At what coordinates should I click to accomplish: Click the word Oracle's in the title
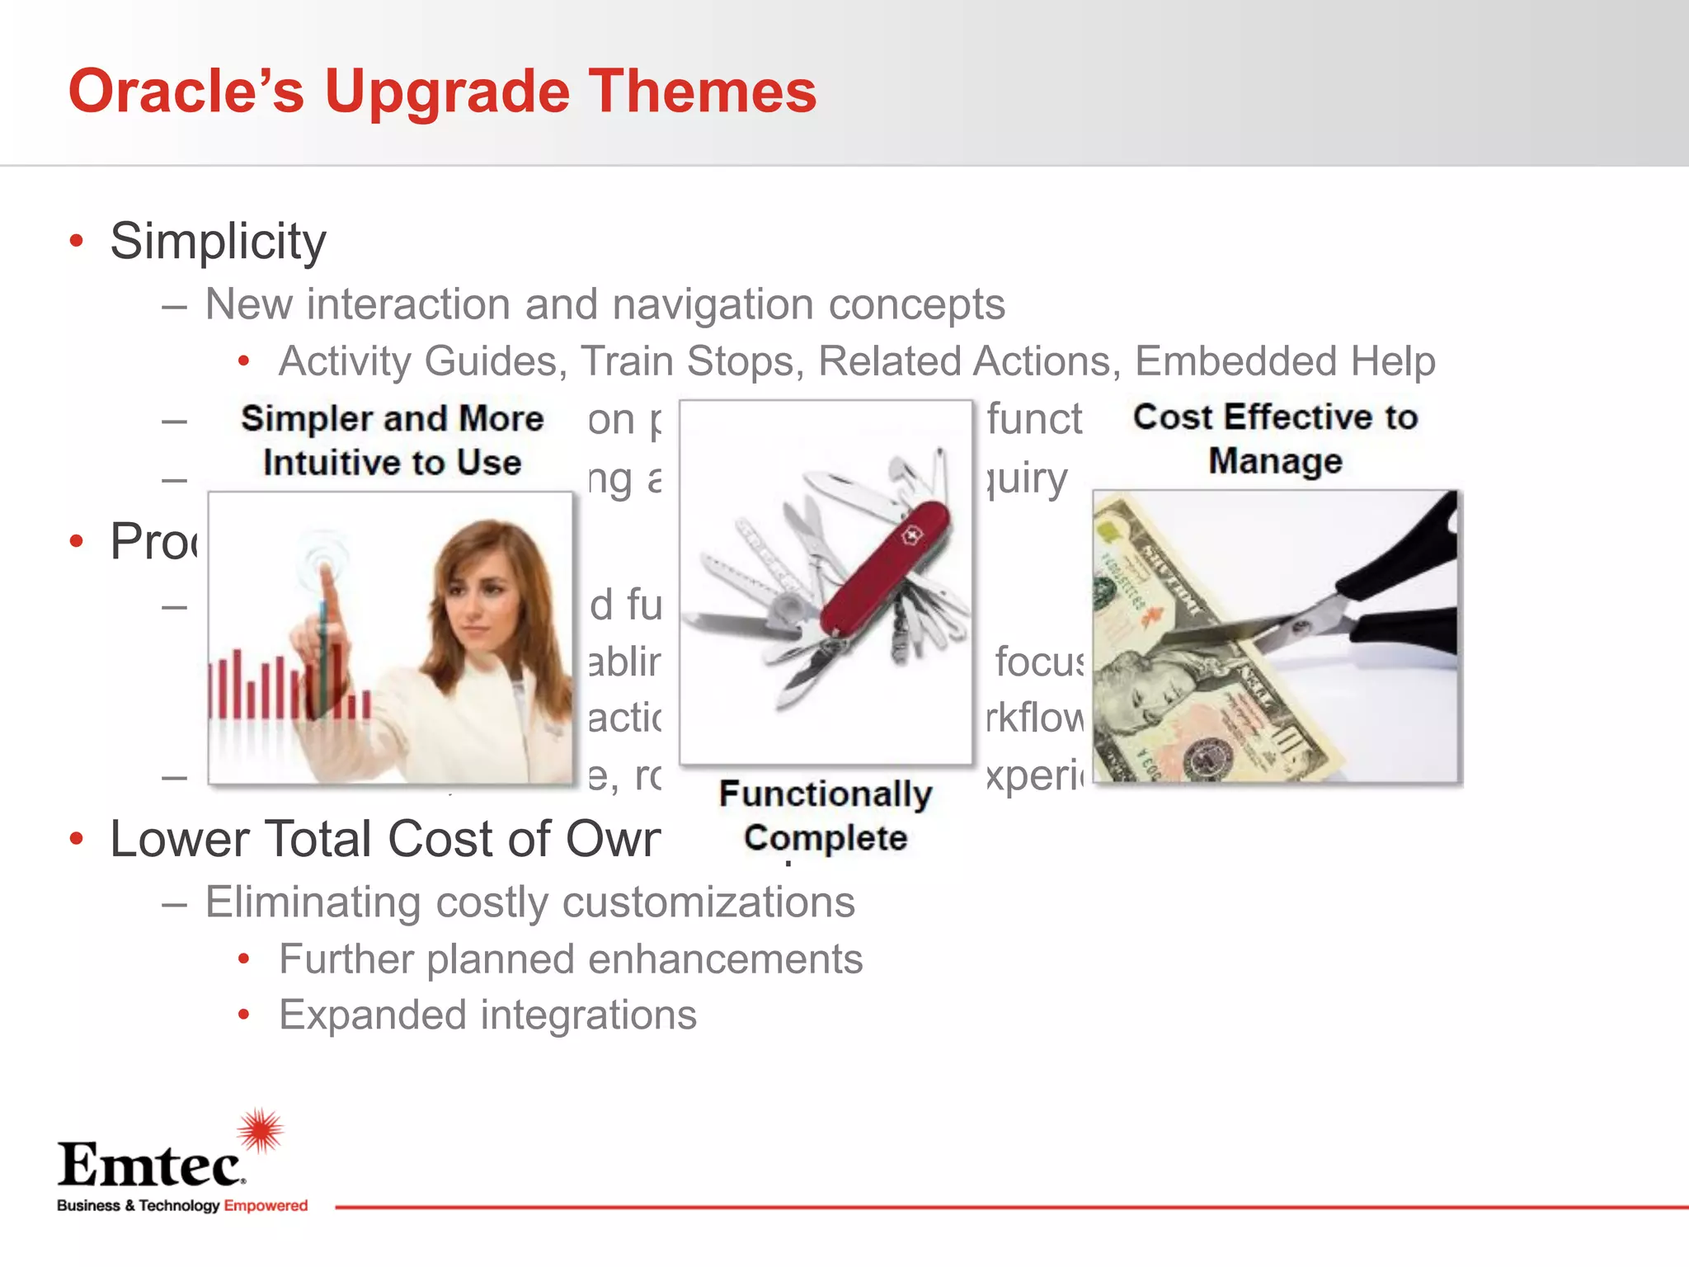pyautogui.click(x=186, y=91)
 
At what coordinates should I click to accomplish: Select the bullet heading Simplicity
pyautogui.click(x=219, y=241)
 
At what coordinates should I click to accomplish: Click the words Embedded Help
pyautogui.click(x=1285, y=361)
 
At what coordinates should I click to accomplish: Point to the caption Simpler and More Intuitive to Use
pyautogui.click(x=392, y=440)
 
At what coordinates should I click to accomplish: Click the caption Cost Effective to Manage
pyautogui.click(x=1275, y=439)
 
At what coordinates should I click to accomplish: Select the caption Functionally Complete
pyautogui.click(x=826, y=816)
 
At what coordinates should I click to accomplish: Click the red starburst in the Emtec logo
pyautogui.click(x=261, y=1130)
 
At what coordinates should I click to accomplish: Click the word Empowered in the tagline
pyautogui.click(x=266, y=1205)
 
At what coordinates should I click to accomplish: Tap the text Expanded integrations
pyautogui.click(x=487, y=1015)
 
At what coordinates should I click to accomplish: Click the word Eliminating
pyautogui.click(x=313, y=902)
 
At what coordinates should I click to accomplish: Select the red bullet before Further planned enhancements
pyautogui.click(x=243, y=959)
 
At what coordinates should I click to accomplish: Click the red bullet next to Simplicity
pyautogui.click(x=77, y=241)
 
